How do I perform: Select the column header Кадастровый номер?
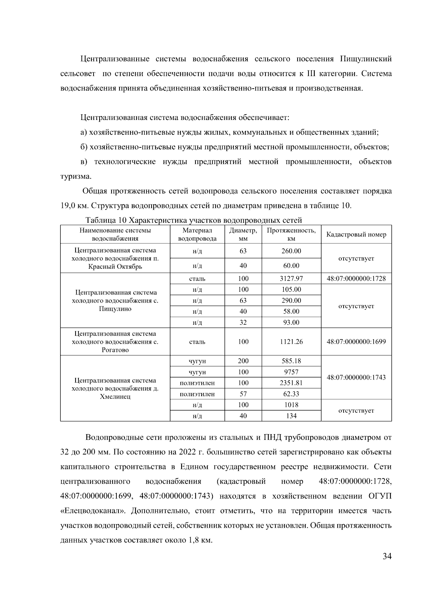pos(356,235)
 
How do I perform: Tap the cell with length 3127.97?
pos(291,279)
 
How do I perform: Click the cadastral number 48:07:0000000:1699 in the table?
pos(356,342)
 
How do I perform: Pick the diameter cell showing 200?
pos(243,361)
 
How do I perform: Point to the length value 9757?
pos(291,372)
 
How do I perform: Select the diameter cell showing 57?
pos(243,394)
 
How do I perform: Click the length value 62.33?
pos(291,394)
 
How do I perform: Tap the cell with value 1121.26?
pos(291,342)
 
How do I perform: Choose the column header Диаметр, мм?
pos(243,235)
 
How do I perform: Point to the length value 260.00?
pos(291,251)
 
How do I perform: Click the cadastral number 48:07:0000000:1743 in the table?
pos(356,377)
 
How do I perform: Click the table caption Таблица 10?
pos(106,221)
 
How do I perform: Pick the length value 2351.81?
pos(291,383)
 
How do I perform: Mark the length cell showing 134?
pos(291,416)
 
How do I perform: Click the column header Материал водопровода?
pos(197,235)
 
